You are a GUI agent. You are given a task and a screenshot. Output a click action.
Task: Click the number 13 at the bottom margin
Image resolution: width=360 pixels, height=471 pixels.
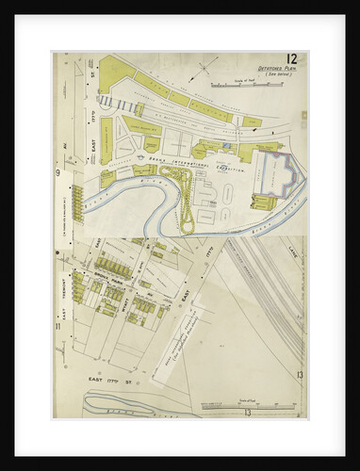(247, 412)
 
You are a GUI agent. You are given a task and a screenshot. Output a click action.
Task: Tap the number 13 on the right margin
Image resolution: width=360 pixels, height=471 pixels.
(298, 376)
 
